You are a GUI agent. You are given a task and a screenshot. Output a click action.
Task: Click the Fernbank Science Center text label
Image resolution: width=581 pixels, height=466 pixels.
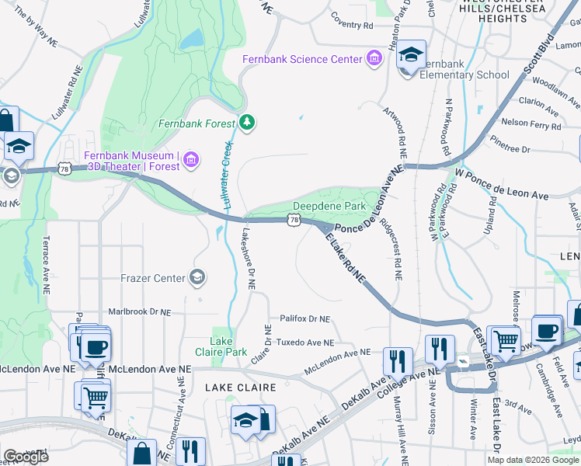pyautogui.click(x=302, y=59)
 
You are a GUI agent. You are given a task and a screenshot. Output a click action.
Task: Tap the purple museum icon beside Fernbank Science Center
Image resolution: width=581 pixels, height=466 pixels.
pyautogui.click(x=374, y=59)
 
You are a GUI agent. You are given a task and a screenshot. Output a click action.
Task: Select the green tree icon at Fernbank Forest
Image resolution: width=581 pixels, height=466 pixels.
pyautogui.click(x=247, y=121)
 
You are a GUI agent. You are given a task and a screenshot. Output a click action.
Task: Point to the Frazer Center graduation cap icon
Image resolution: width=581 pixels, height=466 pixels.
pyautogui.click(x=197, y=277)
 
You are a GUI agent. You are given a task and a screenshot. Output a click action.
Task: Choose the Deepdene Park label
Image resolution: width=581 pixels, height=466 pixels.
pyautogui.click(x=329, y=207)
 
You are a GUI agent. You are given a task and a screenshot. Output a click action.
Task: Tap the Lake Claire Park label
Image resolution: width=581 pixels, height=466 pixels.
pyautogui.click(x=228, y=346)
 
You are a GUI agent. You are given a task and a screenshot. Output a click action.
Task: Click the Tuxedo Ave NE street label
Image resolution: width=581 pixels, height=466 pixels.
pyautogui.click(x=305, y=342)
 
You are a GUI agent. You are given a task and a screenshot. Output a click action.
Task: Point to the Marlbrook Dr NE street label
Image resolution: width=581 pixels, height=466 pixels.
pyautogui.click(x=139, y=311)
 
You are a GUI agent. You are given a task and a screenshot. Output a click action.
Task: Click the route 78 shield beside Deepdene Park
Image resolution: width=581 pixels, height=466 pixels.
pyautogui.click(x=293, y=221)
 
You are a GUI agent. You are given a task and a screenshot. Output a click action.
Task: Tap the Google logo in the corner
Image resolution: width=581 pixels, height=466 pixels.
pyautogui.click(x=26, y=457)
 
